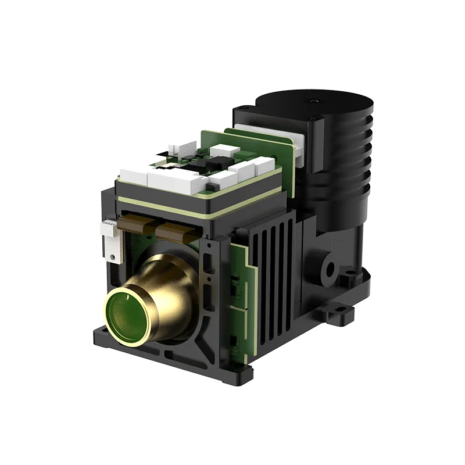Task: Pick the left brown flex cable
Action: pos(137,224)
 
